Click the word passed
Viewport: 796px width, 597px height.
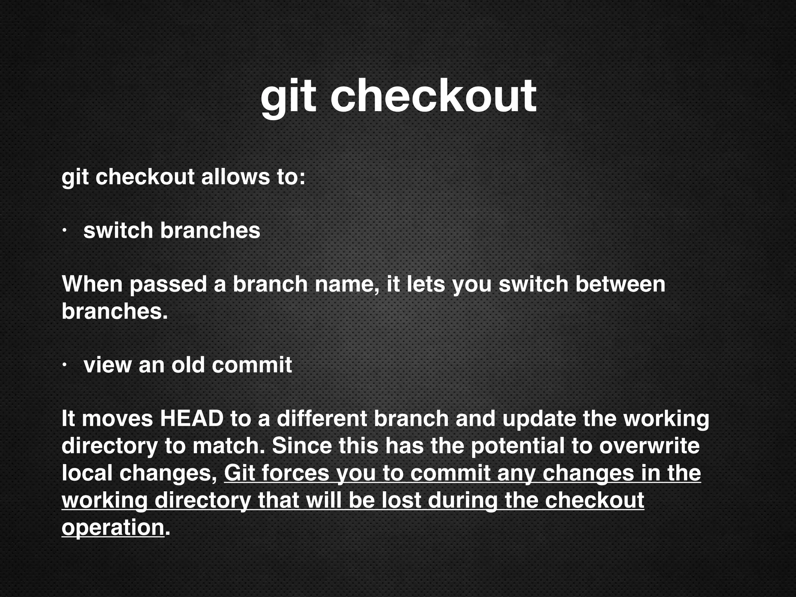168,284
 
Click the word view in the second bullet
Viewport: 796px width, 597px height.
107,365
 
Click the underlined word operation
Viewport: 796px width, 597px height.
113,527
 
